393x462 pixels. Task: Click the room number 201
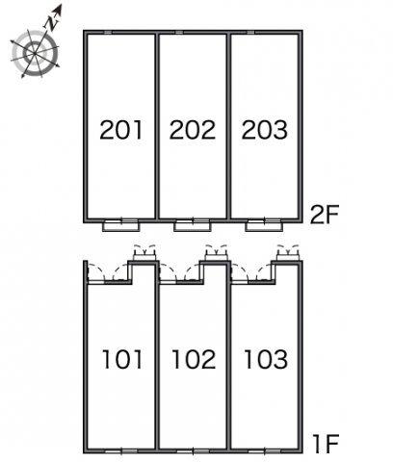pyautogui.click(x=121, y=130)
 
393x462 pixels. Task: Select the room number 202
pyautogui.click(x=193, y=130)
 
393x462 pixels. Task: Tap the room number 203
pyautogui.click(x=265, y=130)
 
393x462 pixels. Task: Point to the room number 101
pyautogui.click(x=122, y=359)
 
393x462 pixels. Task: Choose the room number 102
pyautogui.click(x=194, y=359)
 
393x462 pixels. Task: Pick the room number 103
pyautogui.click(x=266, y=359)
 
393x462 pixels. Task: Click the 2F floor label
pyautogui.click(x=325, y=215)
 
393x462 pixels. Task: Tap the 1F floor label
pyautogui.click(x=327, y=444)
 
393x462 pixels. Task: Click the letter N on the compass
pyautogui.click(x=51, y=23)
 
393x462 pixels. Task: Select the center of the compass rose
pyautogui.click(x=35, y=52)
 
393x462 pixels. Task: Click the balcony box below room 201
pyautogui.click(x=121, y=226)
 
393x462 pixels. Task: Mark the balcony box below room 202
pyautogui.click(x=193, y=226)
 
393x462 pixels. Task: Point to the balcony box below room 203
pyautogui.click(x=264, y=226)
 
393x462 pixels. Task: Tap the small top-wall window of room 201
pyautogui.click(x=108, y=32)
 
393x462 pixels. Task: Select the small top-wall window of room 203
pyautogui.click(x=250, y=32)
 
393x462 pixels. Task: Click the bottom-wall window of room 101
pyautogui.click(x=121, y=451)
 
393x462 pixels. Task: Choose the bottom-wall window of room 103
pyautogui.click(x=265, y=451)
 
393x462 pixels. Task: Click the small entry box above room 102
pyautogui.click(x=217, y=256)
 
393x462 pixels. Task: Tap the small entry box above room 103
pyautogui.click(x=288, y=256)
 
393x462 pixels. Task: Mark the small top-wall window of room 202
pyautogui.click(x=179, y=32)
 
